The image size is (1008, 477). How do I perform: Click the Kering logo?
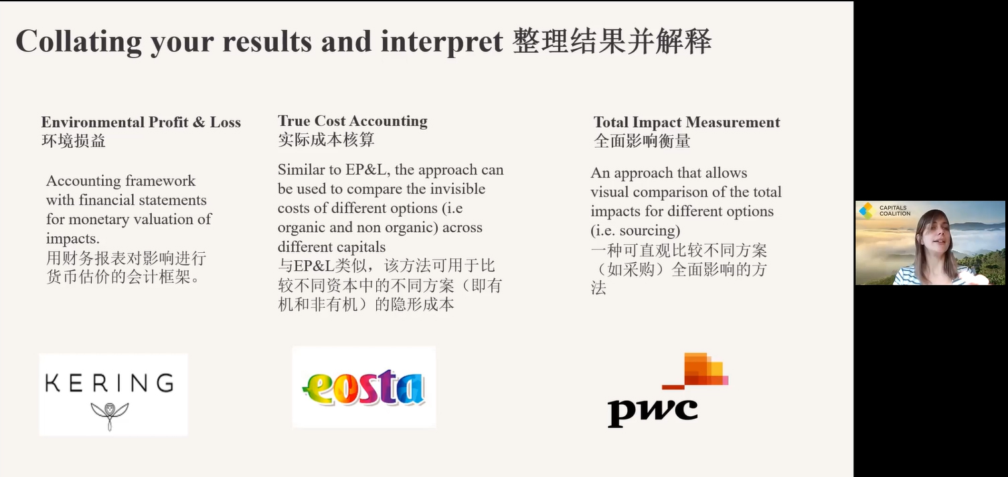113,394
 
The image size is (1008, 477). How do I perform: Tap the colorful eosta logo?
364,387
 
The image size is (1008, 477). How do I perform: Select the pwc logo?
668,390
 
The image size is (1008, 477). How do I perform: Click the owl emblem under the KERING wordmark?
109,415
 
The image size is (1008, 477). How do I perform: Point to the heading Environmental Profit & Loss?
141,122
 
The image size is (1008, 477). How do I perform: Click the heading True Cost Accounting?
352,121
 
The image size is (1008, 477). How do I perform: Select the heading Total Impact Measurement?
687,122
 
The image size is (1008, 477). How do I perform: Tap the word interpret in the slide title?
442,41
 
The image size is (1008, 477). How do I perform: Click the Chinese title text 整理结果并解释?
612,41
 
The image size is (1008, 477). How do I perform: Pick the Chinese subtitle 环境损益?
74,141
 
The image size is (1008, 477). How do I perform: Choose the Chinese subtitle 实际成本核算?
326,140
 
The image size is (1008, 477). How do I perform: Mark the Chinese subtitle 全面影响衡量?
642,141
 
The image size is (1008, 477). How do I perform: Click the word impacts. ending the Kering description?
72,239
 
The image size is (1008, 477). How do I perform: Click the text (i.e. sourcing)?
635,231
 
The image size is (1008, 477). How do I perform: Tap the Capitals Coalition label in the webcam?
895,210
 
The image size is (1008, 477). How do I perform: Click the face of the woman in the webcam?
935,237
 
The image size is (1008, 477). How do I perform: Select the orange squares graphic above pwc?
695,371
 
